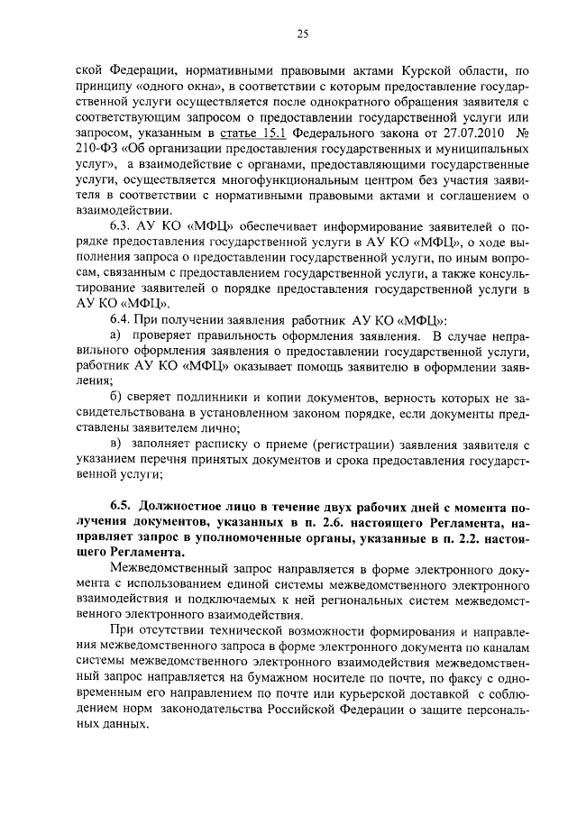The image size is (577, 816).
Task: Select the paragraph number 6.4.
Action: click(120, 320)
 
